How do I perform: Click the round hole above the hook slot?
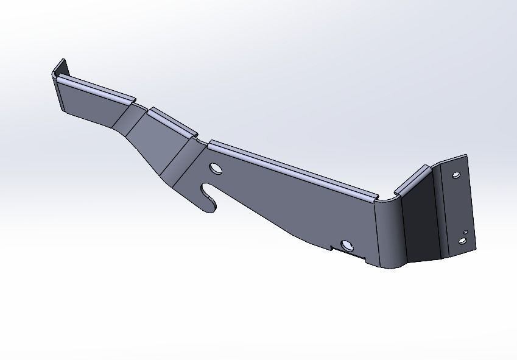216,168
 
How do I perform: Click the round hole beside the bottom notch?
348,245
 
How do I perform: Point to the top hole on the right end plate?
455,175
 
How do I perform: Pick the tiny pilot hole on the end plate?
465,232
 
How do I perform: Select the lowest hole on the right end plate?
463,241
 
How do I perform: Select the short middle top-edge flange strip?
172,121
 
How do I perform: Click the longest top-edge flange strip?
292,168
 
